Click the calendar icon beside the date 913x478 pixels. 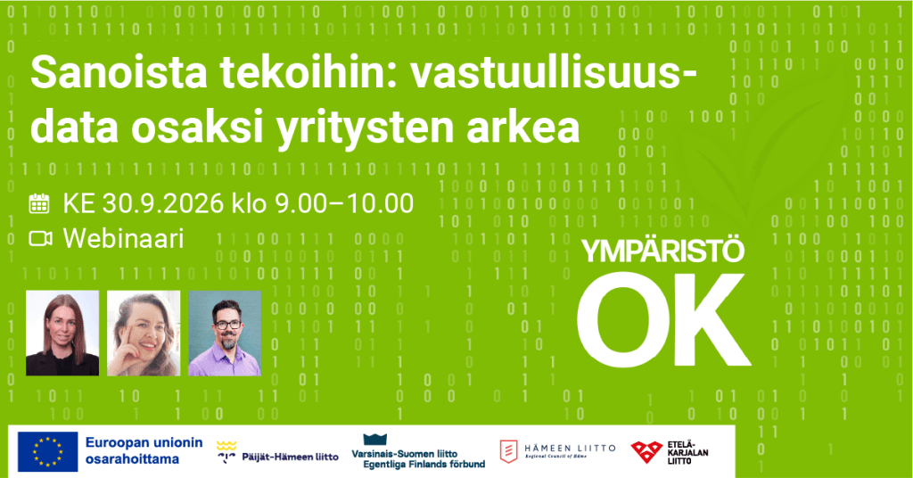[x=39, y=203]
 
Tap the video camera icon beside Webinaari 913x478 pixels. [x=40, y=239]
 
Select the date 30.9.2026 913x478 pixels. [x=163, y=203]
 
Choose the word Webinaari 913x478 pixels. [x=123, y=239]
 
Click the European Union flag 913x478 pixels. [x=48, y=451]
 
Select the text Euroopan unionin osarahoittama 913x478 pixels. [x=144, y=450]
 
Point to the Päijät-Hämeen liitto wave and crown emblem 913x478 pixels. [x=226, y=452]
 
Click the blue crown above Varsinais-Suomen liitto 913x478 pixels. [x=375, y=439]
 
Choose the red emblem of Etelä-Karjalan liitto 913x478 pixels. [x=646, y=452]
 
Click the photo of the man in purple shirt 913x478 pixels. [x=225, y=333]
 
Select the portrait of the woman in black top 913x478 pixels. [x=62, y=333]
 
